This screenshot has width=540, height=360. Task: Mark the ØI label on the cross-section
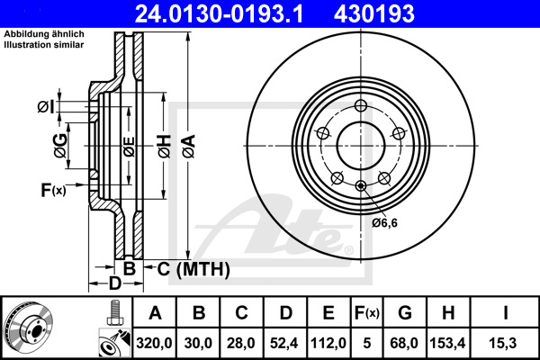tap(47, 108)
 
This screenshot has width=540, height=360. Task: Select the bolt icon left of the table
tap(114, 314)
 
